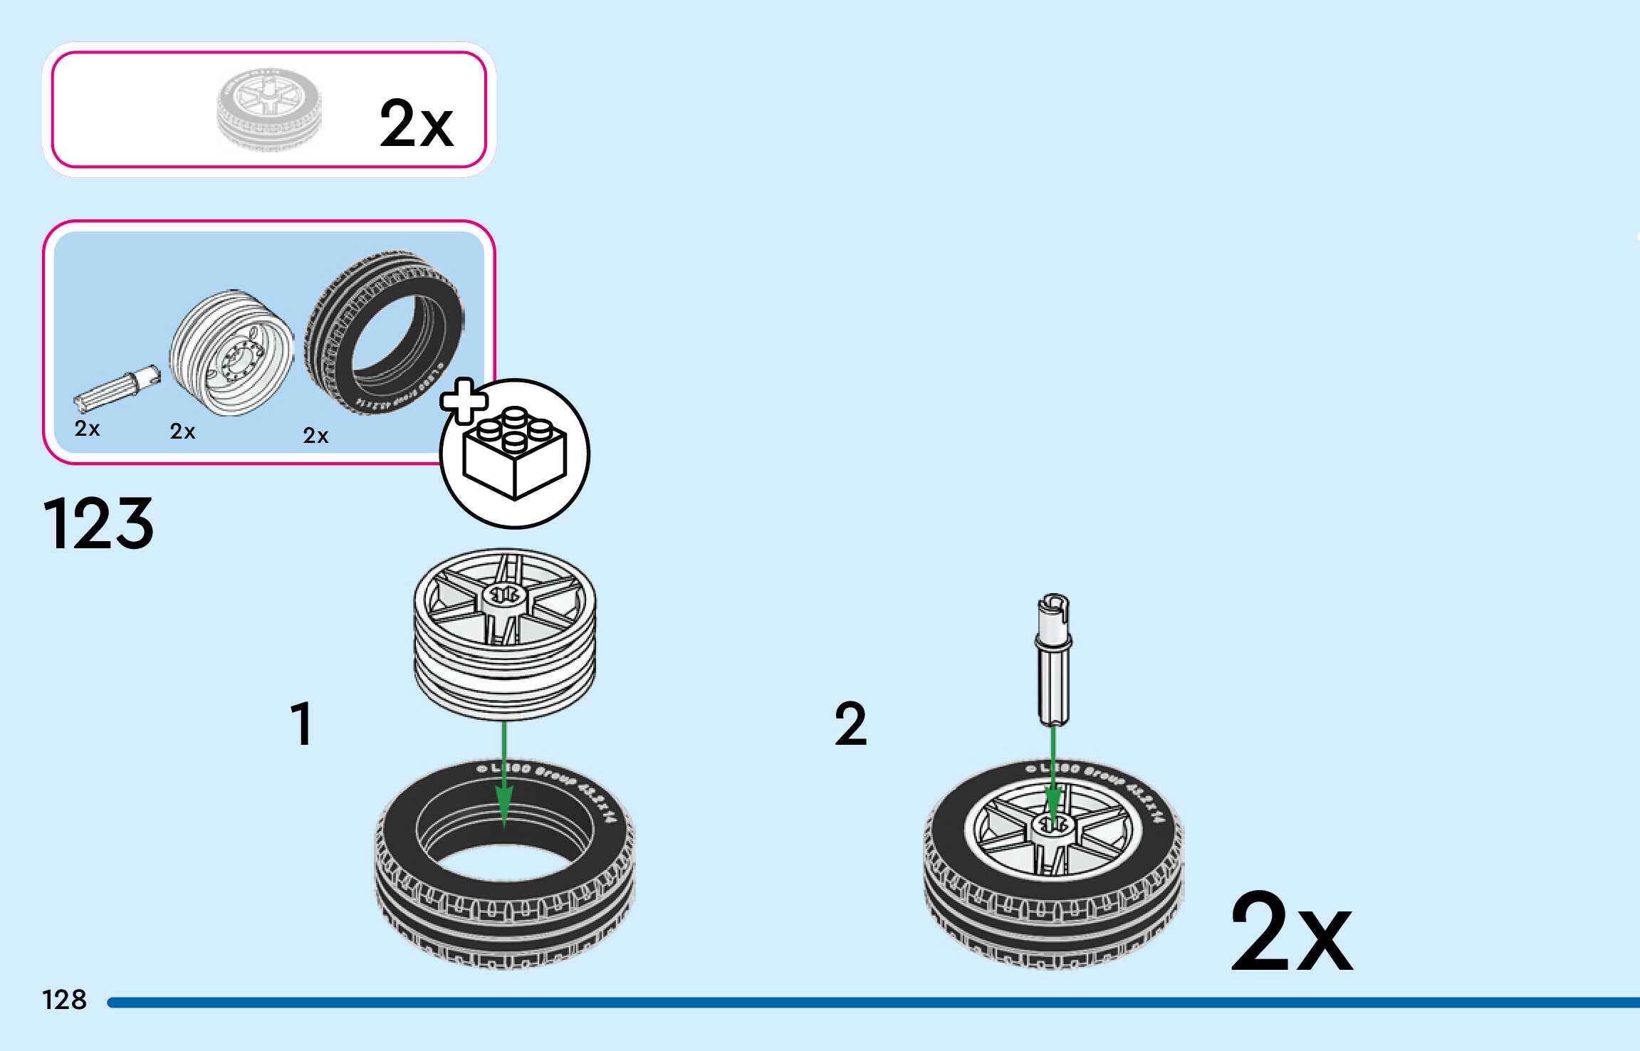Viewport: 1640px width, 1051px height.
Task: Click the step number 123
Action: coord(98,524)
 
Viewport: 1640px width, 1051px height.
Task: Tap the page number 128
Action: coord(64,1000)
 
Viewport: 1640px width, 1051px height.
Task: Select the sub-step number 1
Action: coord(303,723)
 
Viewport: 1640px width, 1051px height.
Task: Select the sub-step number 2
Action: coord(851,723)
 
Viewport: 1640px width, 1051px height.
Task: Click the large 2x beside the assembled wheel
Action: coord(1290,933)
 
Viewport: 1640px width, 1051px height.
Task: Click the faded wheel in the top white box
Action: coord(269,109)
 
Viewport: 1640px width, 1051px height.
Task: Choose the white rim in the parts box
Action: coord(231,352)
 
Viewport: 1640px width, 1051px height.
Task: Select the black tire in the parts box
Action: coord(385,331)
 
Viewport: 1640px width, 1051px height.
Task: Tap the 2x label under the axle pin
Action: coord(87,429)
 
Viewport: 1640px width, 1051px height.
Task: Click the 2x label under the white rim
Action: coord(182,432)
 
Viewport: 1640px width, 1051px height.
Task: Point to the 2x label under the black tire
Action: coord(315,436)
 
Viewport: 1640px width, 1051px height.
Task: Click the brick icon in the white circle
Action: coord(515,455)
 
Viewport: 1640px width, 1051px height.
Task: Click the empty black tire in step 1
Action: coord(505,890)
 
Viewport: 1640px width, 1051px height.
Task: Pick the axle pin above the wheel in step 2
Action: coord(1053,659)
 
